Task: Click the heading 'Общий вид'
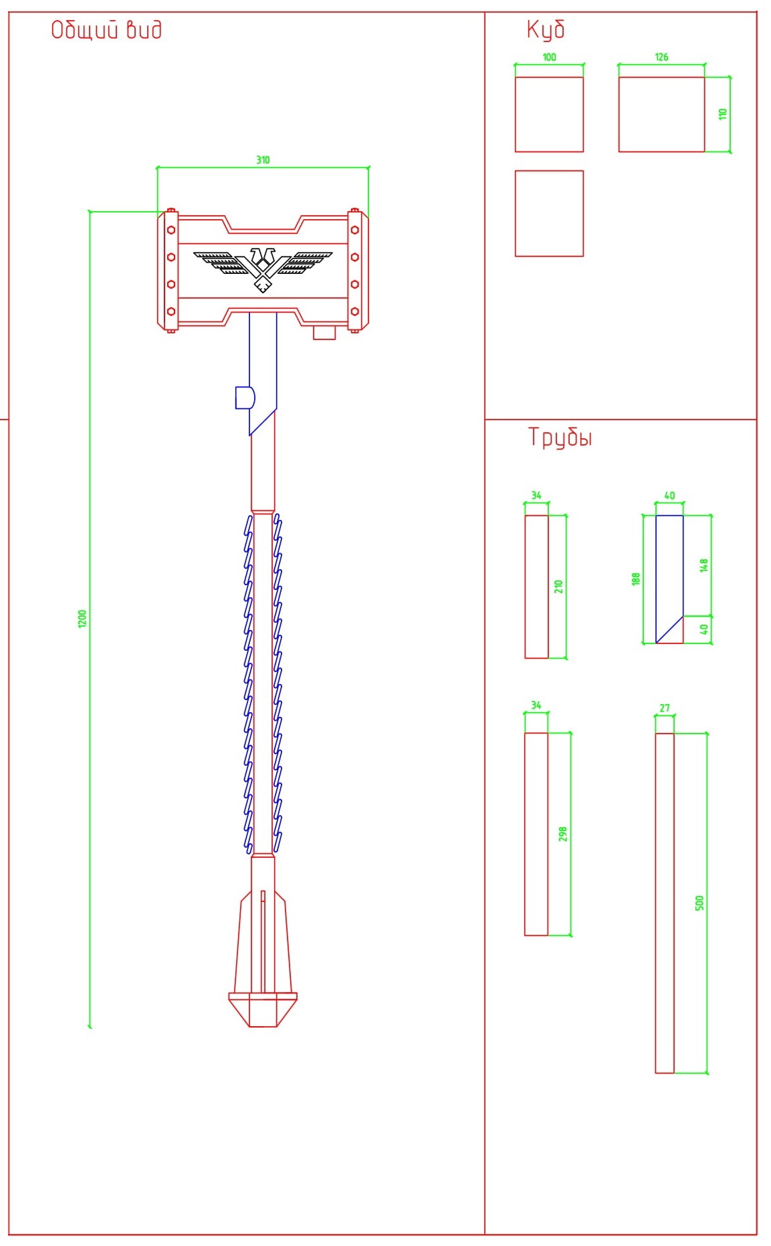[106, 30]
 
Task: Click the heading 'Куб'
[546, 29]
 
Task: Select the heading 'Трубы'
[560, 438]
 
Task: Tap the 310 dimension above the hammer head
[263, 160]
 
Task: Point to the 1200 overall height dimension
[82, 619]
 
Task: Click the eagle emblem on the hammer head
[263, 269]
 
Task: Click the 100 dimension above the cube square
[549, 57]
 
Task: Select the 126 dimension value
[661, 57]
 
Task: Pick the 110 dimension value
[722, 114]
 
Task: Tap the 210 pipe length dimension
[558, 587]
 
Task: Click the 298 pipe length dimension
[562, 834]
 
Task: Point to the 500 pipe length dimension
[699, 903]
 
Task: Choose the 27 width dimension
[665, 708]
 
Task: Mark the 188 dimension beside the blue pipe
[636, 579]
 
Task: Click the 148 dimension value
[703, 565]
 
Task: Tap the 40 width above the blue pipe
[669, 496]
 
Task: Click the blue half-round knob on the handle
[245, 398]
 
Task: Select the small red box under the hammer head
[324, 333]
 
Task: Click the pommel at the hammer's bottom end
[263, 1009]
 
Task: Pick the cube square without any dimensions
[549, 214]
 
